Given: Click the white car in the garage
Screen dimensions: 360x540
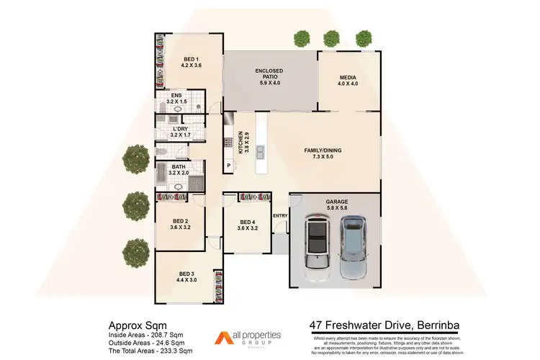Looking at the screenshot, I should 316,243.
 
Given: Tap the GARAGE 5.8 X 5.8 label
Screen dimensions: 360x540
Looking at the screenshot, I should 335,204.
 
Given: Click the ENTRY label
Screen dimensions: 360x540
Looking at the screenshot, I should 279,215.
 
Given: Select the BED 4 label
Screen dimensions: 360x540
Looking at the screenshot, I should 247,225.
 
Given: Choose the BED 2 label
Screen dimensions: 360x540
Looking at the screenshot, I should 180,225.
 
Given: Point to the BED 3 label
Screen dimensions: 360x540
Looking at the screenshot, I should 186,276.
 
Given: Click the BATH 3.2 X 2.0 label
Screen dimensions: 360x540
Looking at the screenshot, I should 179,169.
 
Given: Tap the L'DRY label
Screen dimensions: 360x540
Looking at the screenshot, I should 180,132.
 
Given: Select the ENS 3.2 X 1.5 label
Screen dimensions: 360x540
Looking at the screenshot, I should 176,99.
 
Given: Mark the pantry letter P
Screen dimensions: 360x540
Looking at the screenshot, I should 229,166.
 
